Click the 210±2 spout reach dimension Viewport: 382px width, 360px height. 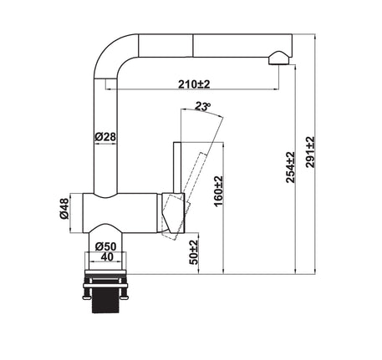point(194,84)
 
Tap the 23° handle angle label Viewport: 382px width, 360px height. point(202,106)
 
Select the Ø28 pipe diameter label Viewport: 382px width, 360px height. point(105,137)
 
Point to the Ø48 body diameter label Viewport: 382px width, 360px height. point(64,209)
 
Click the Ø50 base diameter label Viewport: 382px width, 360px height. point(105,246)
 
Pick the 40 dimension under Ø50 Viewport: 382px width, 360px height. point(107,256)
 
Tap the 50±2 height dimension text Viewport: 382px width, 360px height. point(194,252)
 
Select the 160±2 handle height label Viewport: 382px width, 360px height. point(219,191)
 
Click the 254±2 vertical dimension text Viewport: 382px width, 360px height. point(290,167)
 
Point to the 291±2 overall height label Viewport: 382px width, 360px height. point(310,152)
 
